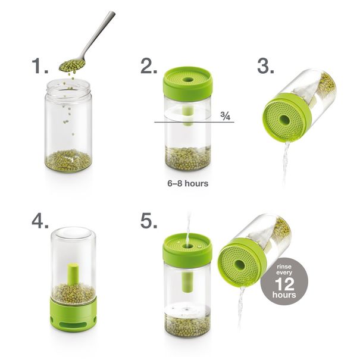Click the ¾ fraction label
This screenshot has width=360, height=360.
point(226,116)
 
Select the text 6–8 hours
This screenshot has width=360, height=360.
point(188,183)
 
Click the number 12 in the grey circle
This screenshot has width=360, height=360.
point(284,284)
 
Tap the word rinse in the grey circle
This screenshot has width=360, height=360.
point(284,267)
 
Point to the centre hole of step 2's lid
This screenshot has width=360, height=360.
point(188,80)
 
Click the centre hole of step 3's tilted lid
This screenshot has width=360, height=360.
point(284,120)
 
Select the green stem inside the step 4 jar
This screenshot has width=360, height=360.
point(73,274)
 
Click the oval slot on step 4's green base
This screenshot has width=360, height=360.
point(73,325)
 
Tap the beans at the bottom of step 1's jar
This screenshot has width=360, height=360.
point(68,161)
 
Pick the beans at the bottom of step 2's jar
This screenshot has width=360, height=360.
point(188,158)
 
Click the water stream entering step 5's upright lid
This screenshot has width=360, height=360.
point(189,230)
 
